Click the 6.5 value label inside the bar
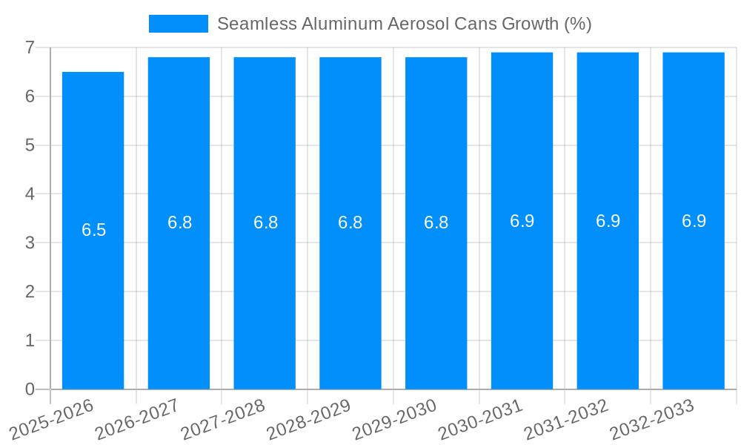tap(94, 230)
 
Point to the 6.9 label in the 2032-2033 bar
tap(694, 221)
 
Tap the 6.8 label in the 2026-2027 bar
tap(179, 222)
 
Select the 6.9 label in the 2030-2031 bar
tap(522, 221)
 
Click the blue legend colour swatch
tap(178, 24)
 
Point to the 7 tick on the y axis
tap(30, 47)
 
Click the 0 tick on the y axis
tap(30, 389)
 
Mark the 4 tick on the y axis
tap(30, 194)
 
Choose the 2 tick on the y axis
tap(30, 291)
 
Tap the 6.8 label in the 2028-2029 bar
tap(350, 222)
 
